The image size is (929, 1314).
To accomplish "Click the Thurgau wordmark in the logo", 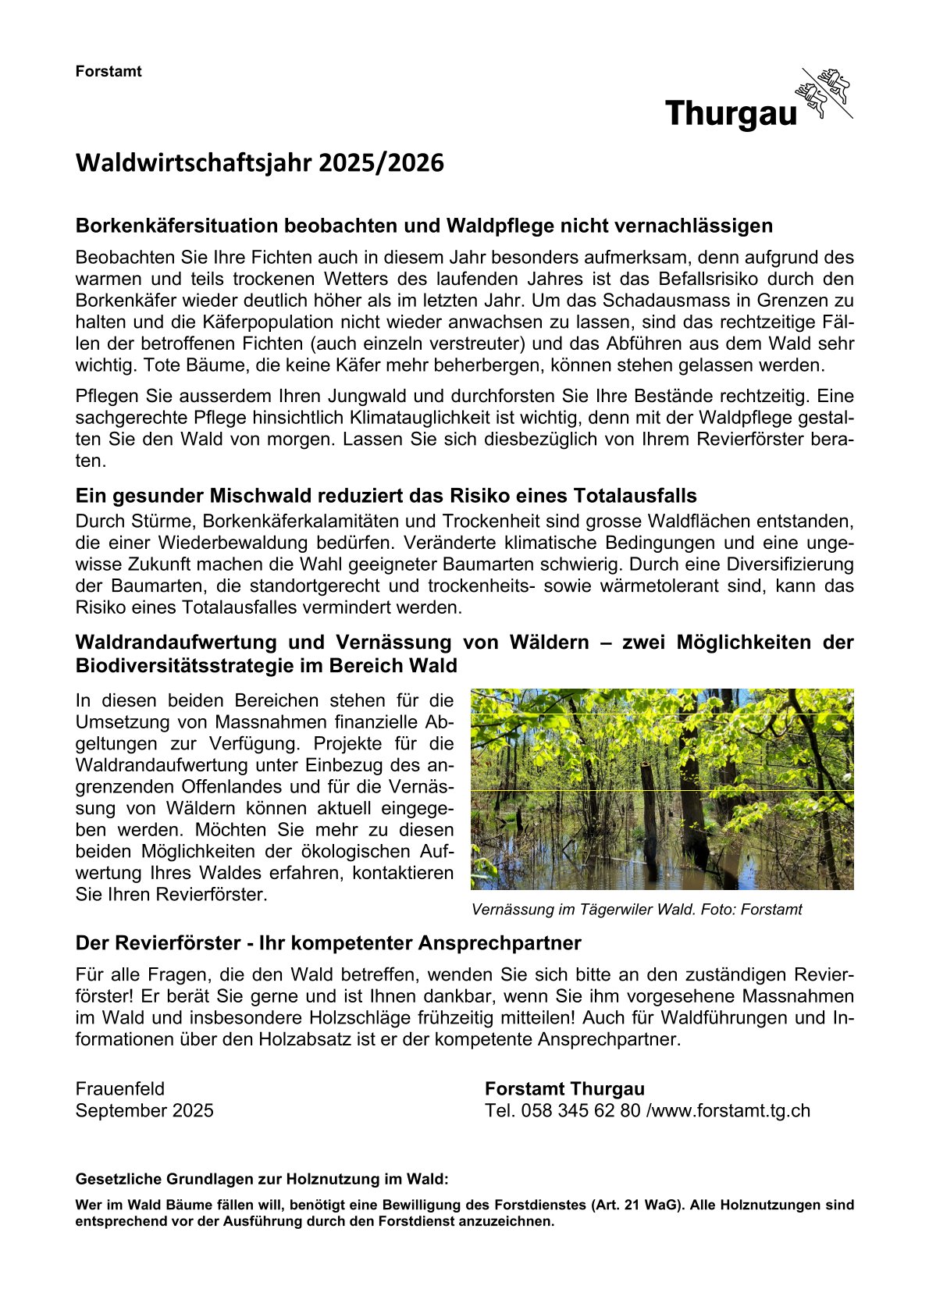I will [731, 114].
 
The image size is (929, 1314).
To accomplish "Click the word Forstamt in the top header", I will [109, 72].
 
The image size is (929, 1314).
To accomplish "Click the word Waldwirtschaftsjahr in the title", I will [194, 163].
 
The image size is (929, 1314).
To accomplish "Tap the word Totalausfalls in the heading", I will [635, 497].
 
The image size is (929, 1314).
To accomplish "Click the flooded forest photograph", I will [661, 789].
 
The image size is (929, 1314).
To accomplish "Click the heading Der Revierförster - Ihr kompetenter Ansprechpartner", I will [328, 943].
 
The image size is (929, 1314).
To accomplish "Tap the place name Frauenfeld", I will [120, 1089].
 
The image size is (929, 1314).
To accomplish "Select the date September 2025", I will [144, 1111].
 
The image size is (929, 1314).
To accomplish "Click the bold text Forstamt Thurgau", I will [564, 1089].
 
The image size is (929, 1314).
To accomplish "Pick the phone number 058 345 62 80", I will [580, 1111].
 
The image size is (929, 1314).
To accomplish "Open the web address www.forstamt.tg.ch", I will [731, 1111].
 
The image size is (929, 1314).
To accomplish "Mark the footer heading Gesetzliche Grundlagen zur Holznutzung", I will [262, 1179].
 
